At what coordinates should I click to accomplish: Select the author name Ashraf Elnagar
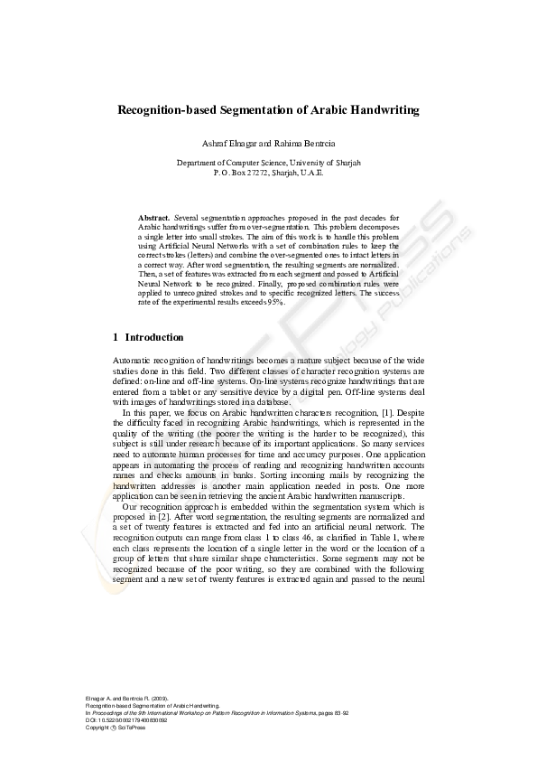click(x=236, y=145)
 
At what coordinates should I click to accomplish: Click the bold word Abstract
click(x=153, y=219)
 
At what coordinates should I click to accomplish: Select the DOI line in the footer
click(x=122, y=719)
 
